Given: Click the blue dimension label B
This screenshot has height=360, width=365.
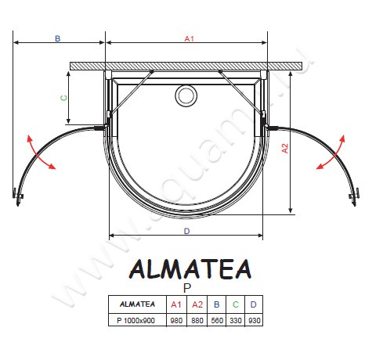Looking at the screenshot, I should [x=57, y=38].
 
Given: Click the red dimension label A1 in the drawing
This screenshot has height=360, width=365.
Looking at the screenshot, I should [x=188, y=38].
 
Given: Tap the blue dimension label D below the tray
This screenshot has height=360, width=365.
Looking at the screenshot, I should [x=186, y=231].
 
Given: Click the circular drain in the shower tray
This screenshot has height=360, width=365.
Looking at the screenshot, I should [x=186, y=95].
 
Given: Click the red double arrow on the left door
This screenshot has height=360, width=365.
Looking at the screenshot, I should [x=40, y=153].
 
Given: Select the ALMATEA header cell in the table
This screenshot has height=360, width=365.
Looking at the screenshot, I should [x=135, y=304].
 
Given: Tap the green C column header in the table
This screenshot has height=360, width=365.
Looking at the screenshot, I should [x=237, y=304].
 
